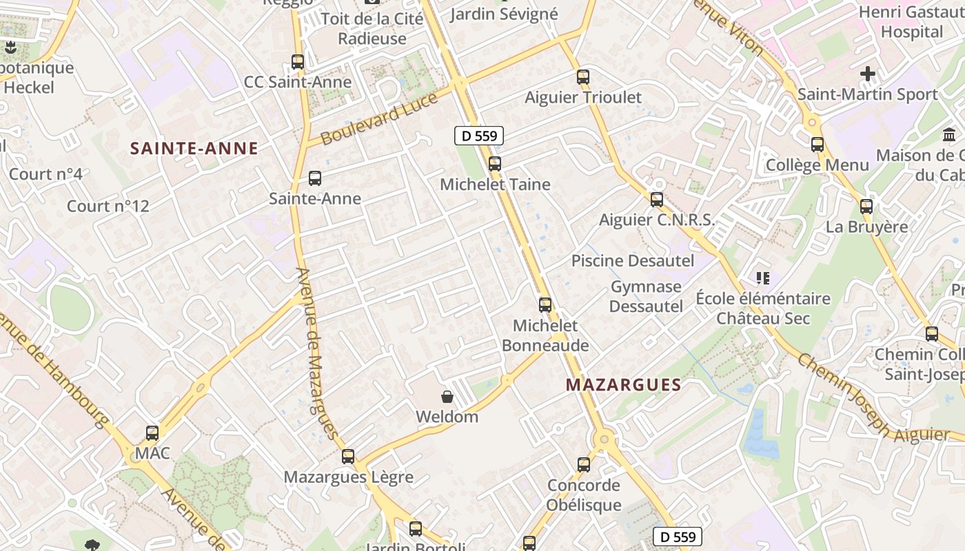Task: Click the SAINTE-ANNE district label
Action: click(194, 148)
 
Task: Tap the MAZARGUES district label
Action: click(623, 385)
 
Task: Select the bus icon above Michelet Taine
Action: click(494, 164)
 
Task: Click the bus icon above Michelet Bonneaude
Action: click(545, 304)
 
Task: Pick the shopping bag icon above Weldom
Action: click(447, 397)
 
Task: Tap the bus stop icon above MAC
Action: click(152, 433)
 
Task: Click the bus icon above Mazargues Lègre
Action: click(348, 456)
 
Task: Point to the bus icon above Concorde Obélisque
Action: click(584, 464)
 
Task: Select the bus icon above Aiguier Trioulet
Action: click(583, 76)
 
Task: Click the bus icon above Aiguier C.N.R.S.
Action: click(657, 200)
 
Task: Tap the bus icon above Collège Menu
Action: click(817, 145)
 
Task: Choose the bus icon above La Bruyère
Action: click(866, 206)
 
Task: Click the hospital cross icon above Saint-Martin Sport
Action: click(868, 73)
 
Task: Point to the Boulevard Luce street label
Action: click(379, 118)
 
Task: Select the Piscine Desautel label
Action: click(633, 261)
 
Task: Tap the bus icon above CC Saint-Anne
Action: click(298, 61)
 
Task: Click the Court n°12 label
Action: click(108, 206)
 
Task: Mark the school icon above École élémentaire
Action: click(762, 278)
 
